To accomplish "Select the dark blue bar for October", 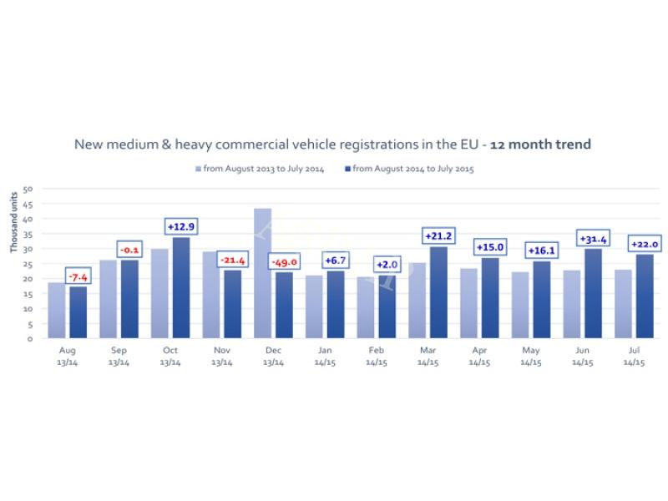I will [x=180, y=288].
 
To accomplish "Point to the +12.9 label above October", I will [x=180, y=227].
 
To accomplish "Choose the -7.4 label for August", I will [x=78, y=276].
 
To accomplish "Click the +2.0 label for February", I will [x=387, y=265].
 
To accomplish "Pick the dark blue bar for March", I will [x=438, y=292].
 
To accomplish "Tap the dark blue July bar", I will [x=644, y=296].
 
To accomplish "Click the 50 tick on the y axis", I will [x=28, y=189].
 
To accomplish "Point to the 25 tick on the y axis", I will [x=28, y=264].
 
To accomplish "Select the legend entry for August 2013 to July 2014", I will [x=259, y=170].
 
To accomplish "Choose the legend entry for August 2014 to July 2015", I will [x=408, y=170].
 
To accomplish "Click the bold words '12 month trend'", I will [x=540, y=144].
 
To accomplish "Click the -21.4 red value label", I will [x=232, y=261].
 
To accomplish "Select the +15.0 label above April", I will [x=489, y=247].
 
